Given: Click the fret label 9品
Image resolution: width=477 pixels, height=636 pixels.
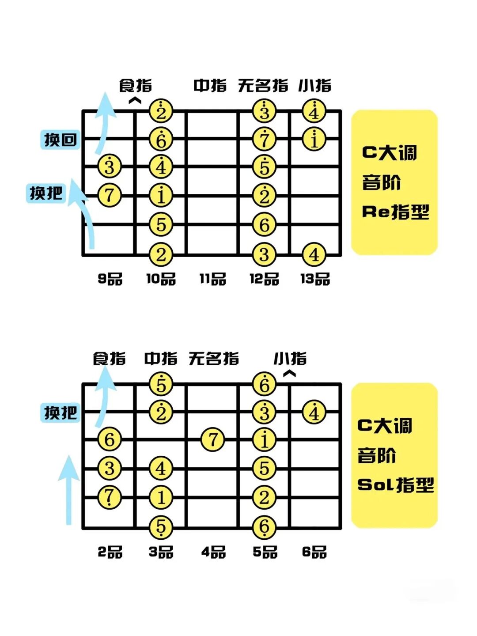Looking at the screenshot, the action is click(x=110, y=279).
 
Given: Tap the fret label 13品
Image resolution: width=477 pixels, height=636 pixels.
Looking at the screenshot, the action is click(x=315, y=279).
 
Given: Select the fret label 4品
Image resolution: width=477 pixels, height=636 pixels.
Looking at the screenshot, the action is click(x=213, y=552).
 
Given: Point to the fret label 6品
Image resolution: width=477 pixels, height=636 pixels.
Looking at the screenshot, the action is click(x=314, y=552).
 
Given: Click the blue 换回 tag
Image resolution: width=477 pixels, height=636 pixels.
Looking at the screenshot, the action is click(x=60, y=140).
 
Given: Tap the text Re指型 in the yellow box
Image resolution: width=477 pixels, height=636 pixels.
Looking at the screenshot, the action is click(x=395, y=212).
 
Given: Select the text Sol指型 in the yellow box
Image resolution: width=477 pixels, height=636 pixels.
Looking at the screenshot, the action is click(x=395, y=485).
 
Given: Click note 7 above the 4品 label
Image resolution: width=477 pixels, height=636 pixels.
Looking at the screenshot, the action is click(x=213, y=440).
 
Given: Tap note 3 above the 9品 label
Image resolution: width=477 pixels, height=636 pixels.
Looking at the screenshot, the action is click(x=109, y=167).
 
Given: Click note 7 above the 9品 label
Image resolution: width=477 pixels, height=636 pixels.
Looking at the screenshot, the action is click(x=109, y=195).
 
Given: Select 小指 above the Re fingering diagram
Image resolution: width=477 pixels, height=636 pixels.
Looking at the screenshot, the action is click(x=314, y=86).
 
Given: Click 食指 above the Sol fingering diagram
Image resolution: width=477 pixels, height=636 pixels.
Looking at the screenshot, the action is click(x=109, y=359).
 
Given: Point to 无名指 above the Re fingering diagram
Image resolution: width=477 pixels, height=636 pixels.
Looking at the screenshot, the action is click(x=263, y=86).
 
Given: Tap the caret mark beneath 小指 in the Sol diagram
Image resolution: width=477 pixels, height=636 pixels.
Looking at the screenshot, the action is click(x=289, y=374).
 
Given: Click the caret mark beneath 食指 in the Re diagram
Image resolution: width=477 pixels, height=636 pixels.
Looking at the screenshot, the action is click(x=135, y=101).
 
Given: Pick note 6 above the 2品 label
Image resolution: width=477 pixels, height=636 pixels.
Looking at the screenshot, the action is click(x=109, y=440).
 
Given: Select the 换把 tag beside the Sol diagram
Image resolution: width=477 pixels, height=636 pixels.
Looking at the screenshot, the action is click(x=60, y=413).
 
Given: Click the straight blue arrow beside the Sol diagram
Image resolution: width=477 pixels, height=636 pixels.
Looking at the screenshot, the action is click(x=69, y=490).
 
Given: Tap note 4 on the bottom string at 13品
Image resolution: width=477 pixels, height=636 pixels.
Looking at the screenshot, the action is click(x=314, y=255).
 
